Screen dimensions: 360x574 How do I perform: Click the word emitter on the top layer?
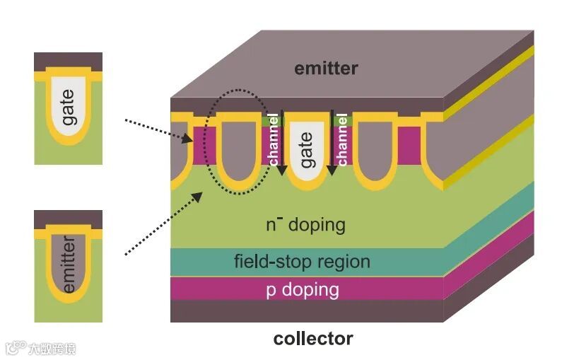tap(326, 69)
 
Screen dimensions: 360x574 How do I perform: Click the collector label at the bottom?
tap(312, 339)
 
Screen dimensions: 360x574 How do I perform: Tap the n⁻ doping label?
tap(305, 226)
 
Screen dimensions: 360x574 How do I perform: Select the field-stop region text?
tap(302, 262)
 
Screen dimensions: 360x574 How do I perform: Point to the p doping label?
tap(302, 290)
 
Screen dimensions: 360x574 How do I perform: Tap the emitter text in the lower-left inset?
tap(69, 266)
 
